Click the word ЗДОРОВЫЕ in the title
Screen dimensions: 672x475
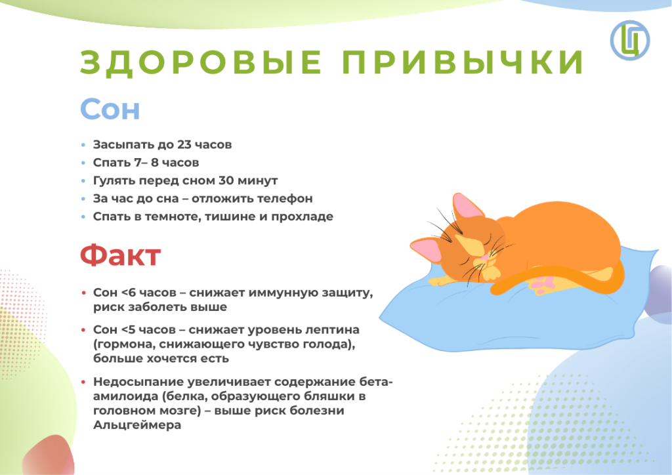pyautogui.click(x=201, y=63)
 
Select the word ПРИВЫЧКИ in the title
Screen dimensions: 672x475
pyautogui.click(x=463, y=63)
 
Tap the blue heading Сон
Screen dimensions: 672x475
pyautogui.click(x=110, y=109)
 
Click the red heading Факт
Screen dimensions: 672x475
pyautogui.click(x=121, y=255)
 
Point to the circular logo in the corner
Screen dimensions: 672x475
pyautogui.click(x=630, y=40)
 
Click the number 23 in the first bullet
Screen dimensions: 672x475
pyautogui.click(x=184, y=145)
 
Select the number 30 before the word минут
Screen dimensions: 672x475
pyautogui.click(x=226, y=180)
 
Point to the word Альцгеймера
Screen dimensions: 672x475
pyautogui.click(x=137, y=425)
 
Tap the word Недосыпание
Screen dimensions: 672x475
pyautogui.click(x=136, y=382)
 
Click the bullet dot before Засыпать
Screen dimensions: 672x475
pyautogui.click(x=83, y=145)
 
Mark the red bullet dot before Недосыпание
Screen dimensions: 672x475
pyautogui.click(x=83, y=382)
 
